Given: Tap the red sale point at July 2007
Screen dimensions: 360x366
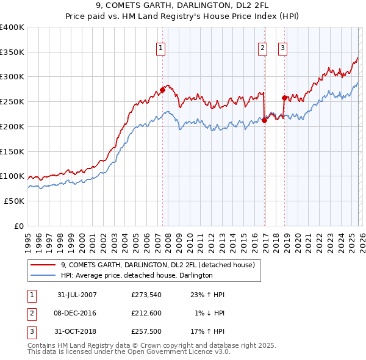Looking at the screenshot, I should pos(163,90).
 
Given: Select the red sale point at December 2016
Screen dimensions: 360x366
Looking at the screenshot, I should pos(265,120).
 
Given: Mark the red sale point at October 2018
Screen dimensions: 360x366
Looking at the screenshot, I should pos(285,98).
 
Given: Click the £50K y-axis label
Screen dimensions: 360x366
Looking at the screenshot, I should pos(13,201).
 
